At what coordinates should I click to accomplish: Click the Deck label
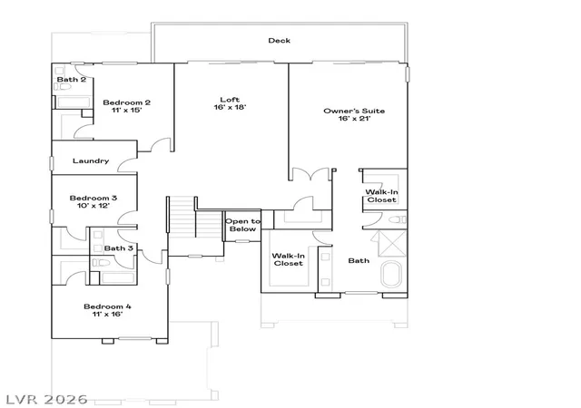point(279,41)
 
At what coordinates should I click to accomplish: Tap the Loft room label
point(230,99)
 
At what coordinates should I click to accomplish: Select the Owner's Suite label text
point(354,111)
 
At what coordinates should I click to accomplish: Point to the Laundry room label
point(91,160)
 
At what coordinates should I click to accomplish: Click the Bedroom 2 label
point(126,102)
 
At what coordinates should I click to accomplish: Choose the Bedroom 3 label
point(93,198)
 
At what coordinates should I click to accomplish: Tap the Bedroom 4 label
point(107,306)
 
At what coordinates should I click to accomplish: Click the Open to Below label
point(242,225)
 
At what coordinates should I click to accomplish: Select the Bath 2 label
point(71,79)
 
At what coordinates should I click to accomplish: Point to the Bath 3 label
point(118,248)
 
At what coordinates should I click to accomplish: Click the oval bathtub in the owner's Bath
point(391,275)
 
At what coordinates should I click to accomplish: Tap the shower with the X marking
point(392,243)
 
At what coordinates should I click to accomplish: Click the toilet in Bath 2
point(63,87)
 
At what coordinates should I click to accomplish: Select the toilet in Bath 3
point(101,263)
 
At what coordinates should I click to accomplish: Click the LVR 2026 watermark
point(46,399)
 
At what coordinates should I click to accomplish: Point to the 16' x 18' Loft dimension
point(230,107)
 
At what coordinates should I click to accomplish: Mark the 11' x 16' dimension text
point(107,314)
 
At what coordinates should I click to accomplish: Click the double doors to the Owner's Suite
point(310,174)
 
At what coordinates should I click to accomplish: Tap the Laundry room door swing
point(127,166)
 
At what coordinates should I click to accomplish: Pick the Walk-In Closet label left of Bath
point(289,259)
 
